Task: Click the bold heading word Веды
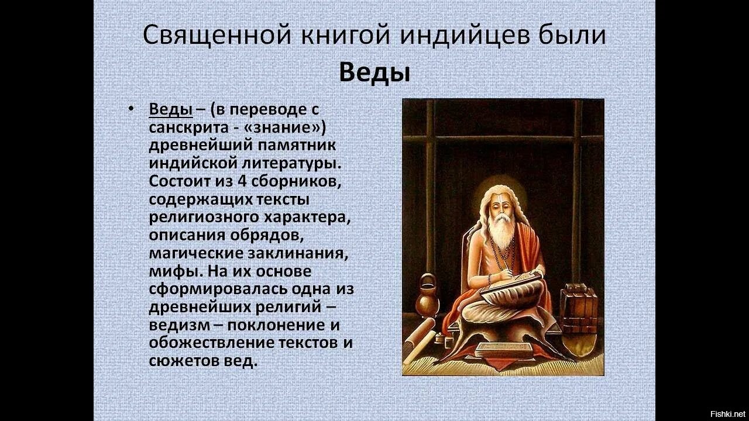click(x=374, y=73)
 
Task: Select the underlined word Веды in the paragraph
click(x=170, y=109)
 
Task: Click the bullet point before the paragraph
click(x=131, y=109)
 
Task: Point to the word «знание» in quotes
click(x=285, y=127)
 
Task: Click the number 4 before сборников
click(x=242, y=181)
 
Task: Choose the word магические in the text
click(x=196, y=254)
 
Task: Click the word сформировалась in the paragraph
click(x=218, y=289)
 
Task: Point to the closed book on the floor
click(x=504, y=351)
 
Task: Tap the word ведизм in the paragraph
click(x=179, y=325)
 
